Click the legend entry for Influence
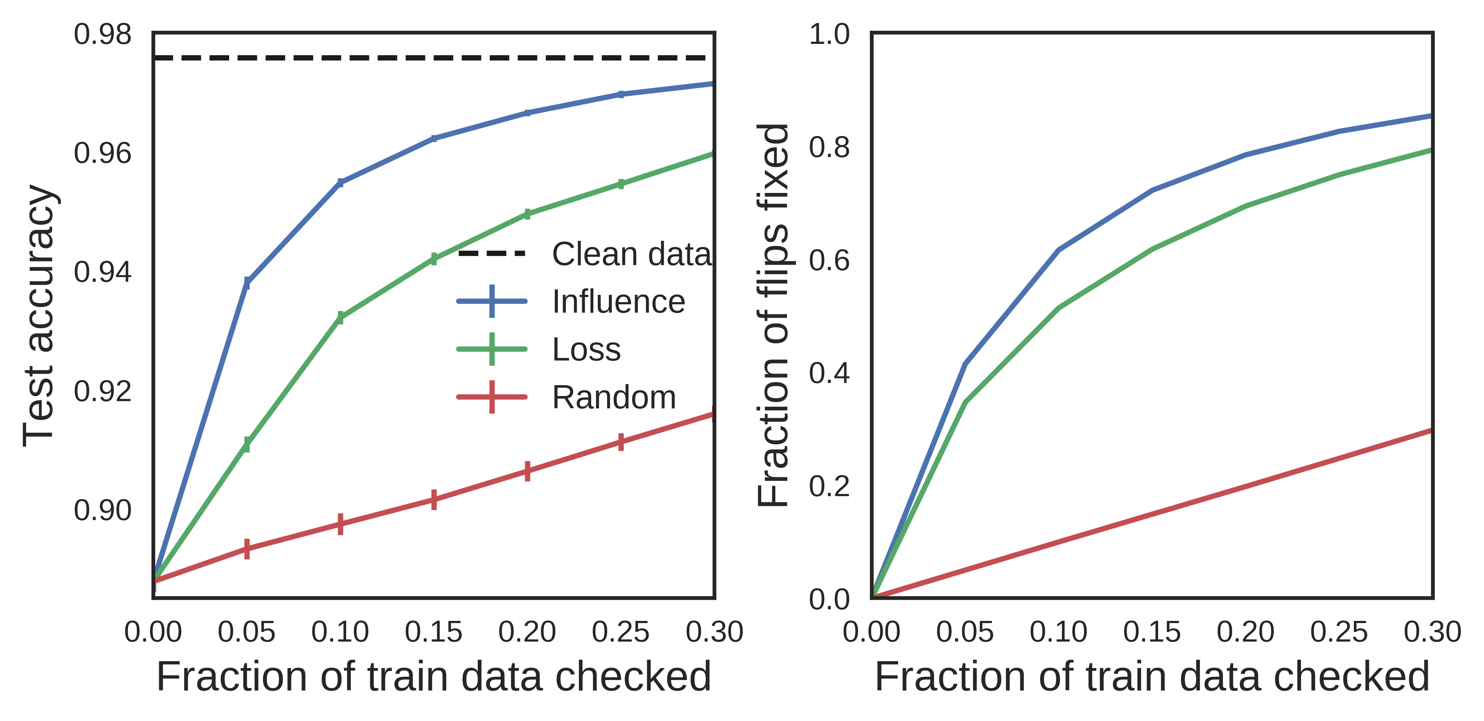tap(618, 301)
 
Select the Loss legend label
tap(586, 349)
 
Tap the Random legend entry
tap(614, 397)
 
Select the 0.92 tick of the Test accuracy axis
tap(103, 391)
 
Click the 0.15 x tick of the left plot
tap(433, 632)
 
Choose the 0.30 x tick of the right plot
tap(1431, 632)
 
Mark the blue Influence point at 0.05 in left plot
tap(247, 283)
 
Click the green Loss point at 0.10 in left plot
tap(340, 318)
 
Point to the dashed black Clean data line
tap(432, 58)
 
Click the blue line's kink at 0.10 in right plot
tap(1059, 250)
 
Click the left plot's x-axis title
tap(433, 677)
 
